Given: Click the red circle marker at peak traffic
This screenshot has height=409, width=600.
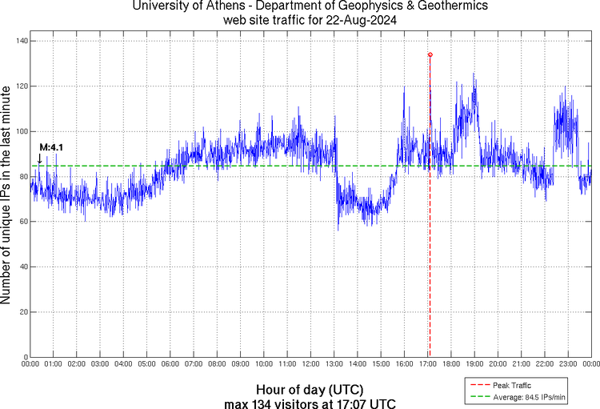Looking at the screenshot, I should click(430, 54).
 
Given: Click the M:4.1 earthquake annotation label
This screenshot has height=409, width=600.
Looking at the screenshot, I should click(51, 147).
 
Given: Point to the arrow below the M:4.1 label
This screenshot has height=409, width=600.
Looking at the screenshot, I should click(40, 158).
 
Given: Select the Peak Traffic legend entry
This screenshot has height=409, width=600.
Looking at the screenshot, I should click(512, 385).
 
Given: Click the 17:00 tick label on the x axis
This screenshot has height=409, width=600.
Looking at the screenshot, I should click(427, 364).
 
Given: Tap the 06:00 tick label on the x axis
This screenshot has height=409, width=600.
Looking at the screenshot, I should click(170, 364).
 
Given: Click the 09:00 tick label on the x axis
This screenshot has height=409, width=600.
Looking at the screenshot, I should click(240, 364).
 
